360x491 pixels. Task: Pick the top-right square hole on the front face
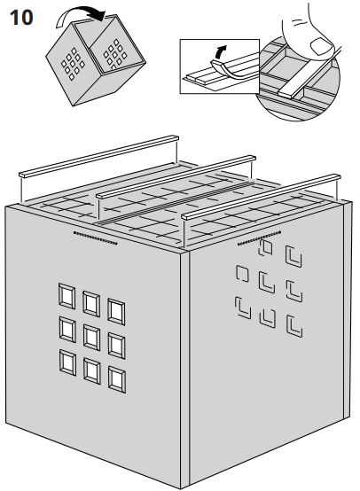(115, 310)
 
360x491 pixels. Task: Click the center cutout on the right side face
(264, 284)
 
